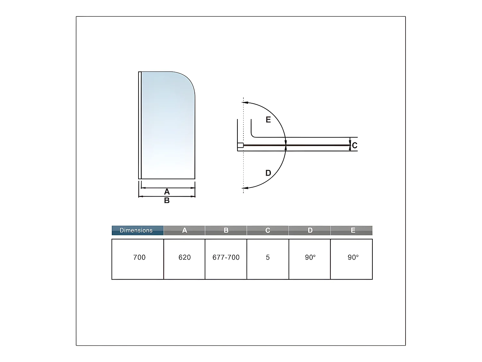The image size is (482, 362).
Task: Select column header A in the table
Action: pos(184,230)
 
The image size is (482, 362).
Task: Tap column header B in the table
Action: pos(226,230)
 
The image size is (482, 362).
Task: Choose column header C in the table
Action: pos(268,230)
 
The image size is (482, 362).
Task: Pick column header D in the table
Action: pos(310,230)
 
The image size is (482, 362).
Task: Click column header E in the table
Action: pos(353,230)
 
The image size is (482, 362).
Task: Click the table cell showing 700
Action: pos(139,257)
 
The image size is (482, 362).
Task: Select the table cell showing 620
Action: pos(184,257)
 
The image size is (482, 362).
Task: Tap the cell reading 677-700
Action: pos(226,257)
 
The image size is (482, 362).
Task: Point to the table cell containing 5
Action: pos(268,257)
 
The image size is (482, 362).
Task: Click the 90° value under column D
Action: pos(310,257)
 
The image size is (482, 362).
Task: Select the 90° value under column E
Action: pos(353,257)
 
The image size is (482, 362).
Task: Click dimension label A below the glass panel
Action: pos(167,192)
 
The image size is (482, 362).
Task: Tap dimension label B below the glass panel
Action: pos(167,200)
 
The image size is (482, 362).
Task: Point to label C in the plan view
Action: pos(354,145)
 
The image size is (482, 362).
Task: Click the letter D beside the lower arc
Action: pos(268,173)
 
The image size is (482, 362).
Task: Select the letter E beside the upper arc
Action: pos(268,120)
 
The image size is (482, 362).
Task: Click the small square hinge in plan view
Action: pos(240,145)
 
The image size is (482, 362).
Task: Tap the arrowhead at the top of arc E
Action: pos(244,103)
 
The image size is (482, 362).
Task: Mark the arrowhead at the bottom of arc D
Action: pos(244,188)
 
